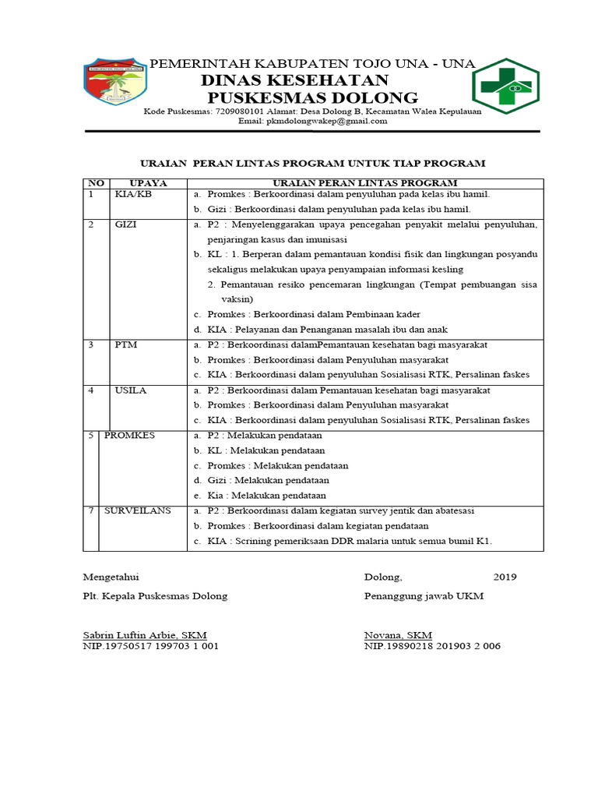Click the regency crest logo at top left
113,84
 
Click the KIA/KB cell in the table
132,194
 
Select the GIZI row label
126,225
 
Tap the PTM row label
125,344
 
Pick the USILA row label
130,390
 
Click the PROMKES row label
129,436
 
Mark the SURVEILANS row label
144,511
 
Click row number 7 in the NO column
91,511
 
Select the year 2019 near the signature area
505,577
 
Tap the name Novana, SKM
398,635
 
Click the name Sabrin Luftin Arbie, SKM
145,635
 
